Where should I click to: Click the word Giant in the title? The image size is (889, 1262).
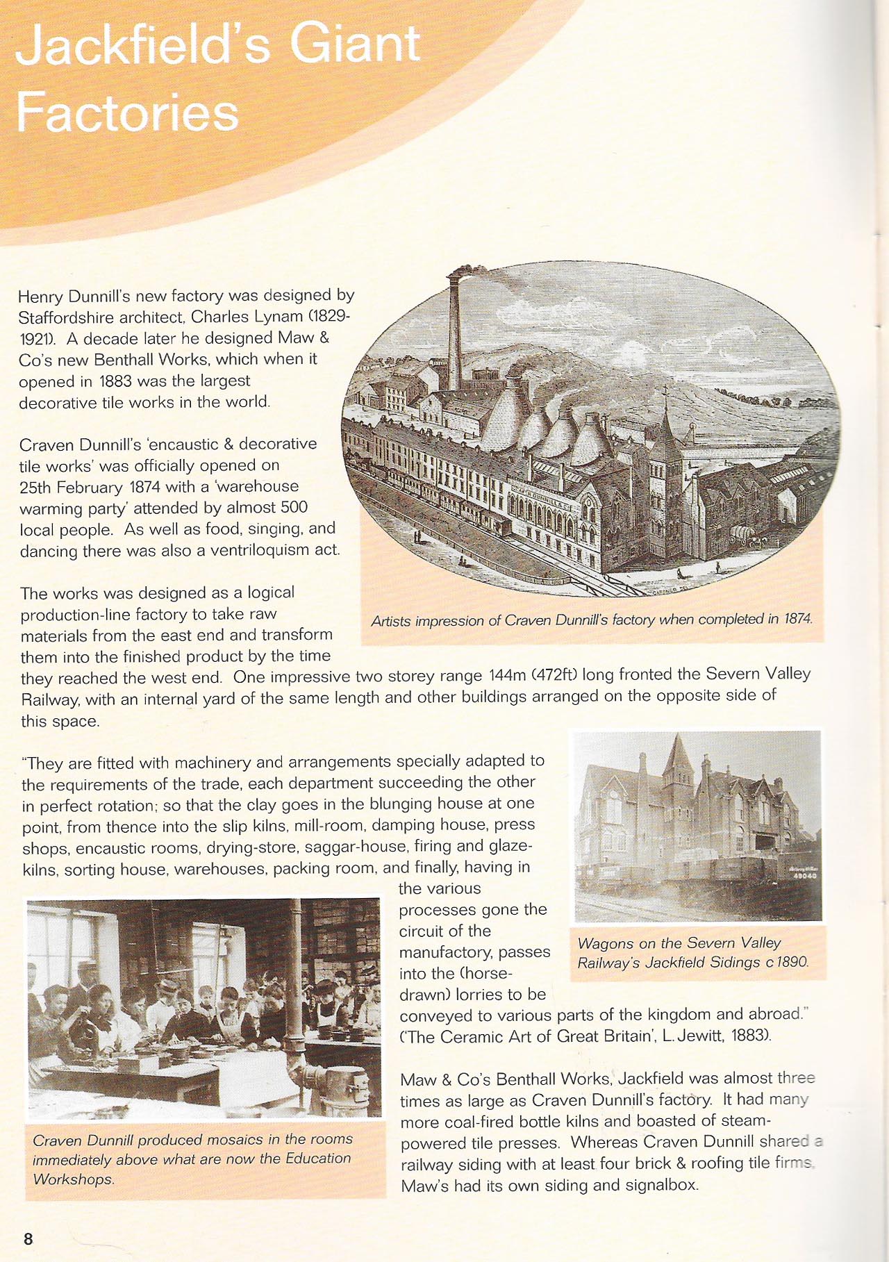click(x=354, y=44)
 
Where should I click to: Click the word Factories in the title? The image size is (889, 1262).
click(x=127, y=112)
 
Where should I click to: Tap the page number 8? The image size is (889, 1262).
click(x=28, y=1238)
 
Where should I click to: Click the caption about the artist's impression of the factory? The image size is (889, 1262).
click(x=591, y=620)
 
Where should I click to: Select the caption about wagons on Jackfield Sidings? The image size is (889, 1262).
click(x=692, y=952)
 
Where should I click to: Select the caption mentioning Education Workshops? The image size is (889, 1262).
click(x=192, y=1159)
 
